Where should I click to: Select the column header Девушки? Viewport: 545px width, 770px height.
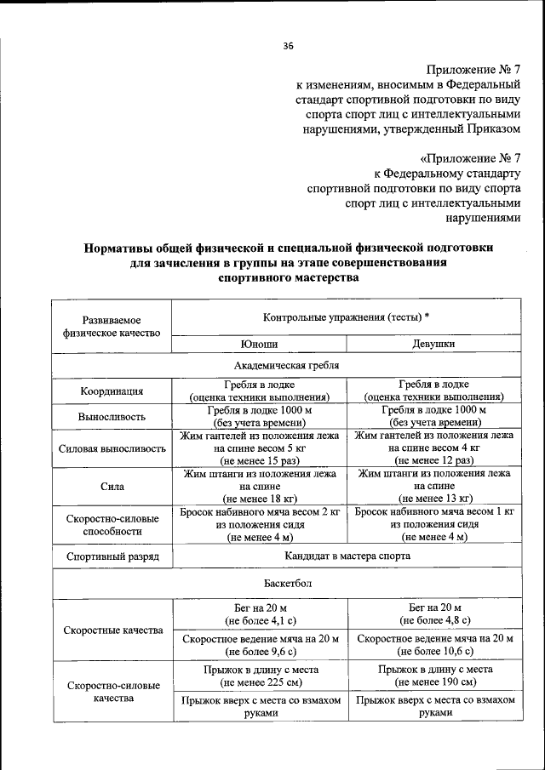point(433,344)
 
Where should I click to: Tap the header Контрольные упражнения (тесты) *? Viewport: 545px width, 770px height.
point(345,317)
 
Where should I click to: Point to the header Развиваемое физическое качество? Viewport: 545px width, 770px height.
point(112,326)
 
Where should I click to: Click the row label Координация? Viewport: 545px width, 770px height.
point(112,391)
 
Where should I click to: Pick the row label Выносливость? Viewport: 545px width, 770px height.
point(112,417)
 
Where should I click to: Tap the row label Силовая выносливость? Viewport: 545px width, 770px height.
point(112,448)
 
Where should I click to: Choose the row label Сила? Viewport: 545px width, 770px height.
point(112,486)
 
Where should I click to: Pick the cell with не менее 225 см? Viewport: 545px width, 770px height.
point(260,682)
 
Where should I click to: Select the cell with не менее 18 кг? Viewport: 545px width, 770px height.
point(260,498)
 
